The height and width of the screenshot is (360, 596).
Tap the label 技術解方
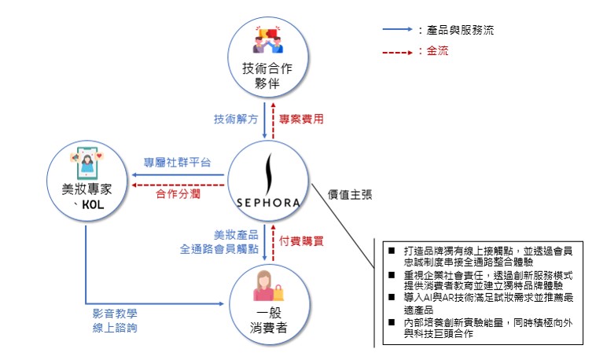coord(234,119)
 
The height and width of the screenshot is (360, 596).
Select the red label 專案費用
coord(302,119)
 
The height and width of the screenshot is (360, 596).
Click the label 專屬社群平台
coord(176,163)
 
